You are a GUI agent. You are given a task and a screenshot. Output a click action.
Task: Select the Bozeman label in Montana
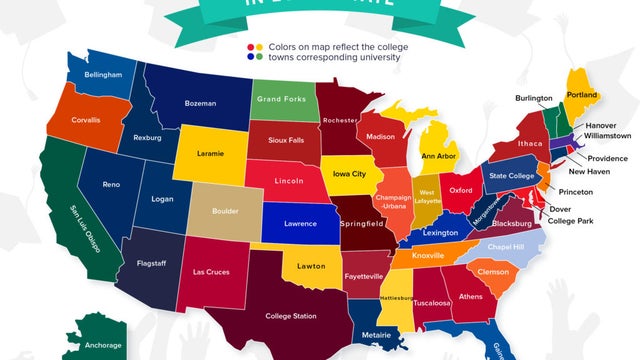pyautogui.click(x=200, y=102)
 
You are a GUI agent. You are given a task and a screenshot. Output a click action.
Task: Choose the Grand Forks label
pyautogui.click(x=281, y=100)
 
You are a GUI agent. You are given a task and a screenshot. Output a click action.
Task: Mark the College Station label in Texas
pyautogui.click(x=291, y=316)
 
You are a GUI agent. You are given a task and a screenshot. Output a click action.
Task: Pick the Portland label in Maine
pyautogui.click(x=581, y=95)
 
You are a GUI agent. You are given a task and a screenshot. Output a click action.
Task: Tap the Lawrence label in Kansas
pyautogui.click(x=300, y=224)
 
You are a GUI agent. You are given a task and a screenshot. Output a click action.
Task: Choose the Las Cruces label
pyautogui.click(x=212, y=272)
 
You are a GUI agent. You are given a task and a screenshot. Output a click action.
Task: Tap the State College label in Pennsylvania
pyautogui.click(x=510, y=176)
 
